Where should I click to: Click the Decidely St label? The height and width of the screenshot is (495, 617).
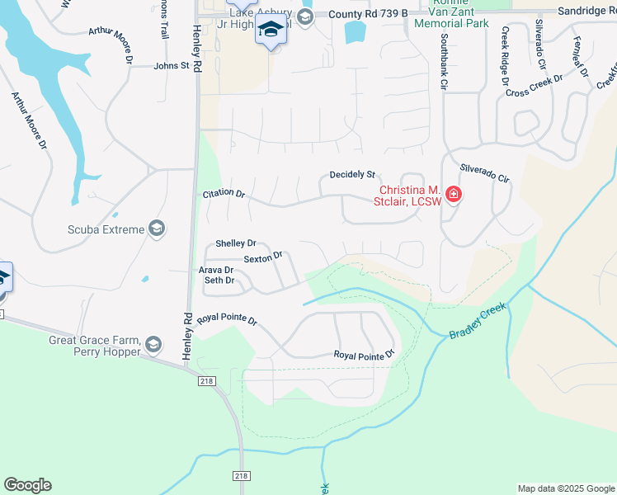(x=352, y=175)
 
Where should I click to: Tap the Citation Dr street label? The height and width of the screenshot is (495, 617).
(x=224, y=194)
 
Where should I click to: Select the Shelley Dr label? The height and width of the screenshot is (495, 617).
(x=236, y=243)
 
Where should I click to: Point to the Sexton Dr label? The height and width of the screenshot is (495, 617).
(x=263, y=257)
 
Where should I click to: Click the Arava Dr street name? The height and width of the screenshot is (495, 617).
(x=217, y=270)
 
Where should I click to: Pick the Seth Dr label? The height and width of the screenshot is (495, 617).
(x=219, y=280)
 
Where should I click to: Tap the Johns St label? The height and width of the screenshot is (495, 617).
(x=172, y=65)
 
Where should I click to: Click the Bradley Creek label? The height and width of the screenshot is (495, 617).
(x=478, y=321)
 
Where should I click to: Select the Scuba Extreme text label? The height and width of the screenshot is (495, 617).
(x=107, y=229)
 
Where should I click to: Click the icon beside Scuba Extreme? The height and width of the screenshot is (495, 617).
(x=157, y=229)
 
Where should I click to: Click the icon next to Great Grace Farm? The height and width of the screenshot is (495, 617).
(x=153, y=344)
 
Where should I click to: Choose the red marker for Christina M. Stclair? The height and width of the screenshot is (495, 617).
(x=453, y=195)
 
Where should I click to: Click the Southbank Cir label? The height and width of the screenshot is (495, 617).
(x=444, y=62)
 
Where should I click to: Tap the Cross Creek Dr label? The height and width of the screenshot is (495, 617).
(x=534, y=87)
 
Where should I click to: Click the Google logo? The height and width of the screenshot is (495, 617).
(x=27, y=485)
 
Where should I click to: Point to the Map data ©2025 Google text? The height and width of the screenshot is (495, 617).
(x=566, y=488)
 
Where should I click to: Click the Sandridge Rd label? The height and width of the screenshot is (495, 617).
(x=584, y=11)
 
